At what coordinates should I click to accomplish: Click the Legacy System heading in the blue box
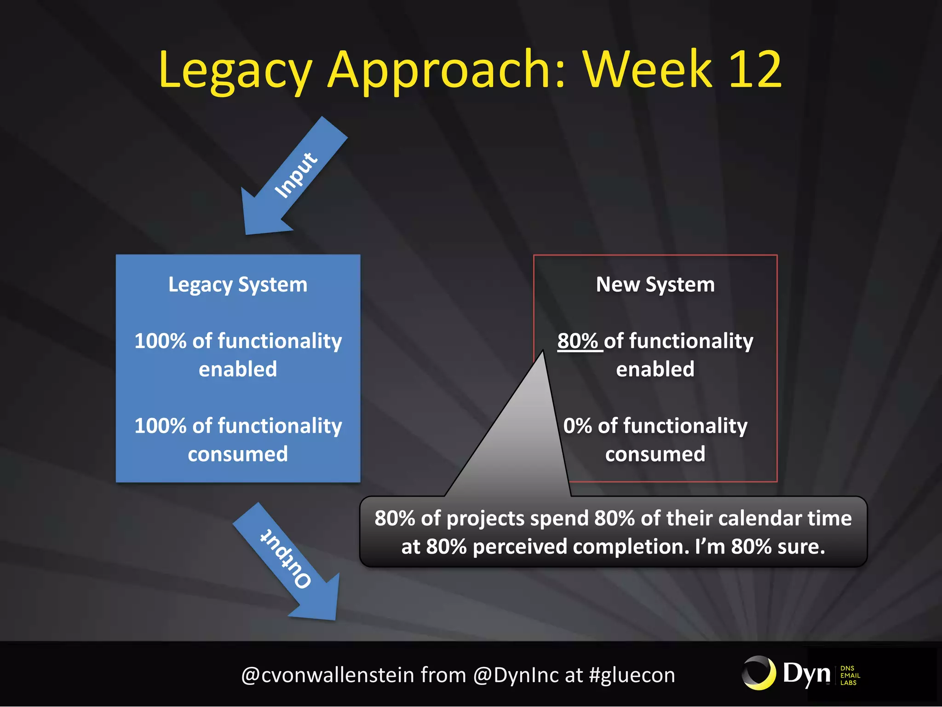coord(238,284)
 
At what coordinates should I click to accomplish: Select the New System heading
coord(655,284)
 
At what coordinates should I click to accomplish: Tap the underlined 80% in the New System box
coord(578,341)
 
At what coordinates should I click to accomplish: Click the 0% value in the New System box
coord(577,426)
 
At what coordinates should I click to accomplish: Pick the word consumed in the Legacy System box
coord(238,454)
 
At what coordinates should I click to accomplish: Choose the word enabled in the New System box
coord(655,370)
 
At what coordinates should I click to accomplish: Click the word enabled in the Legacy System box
coord(238,370)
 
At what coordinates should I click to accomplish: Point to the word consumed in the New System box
coord(655,454)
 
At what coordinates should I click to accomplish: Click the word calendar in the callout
coord(759,518)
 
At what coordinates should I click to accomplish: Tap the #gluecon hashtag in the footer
coord(632,675)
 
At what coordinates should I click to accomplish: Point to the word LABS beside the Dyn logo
coord(848,683)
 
